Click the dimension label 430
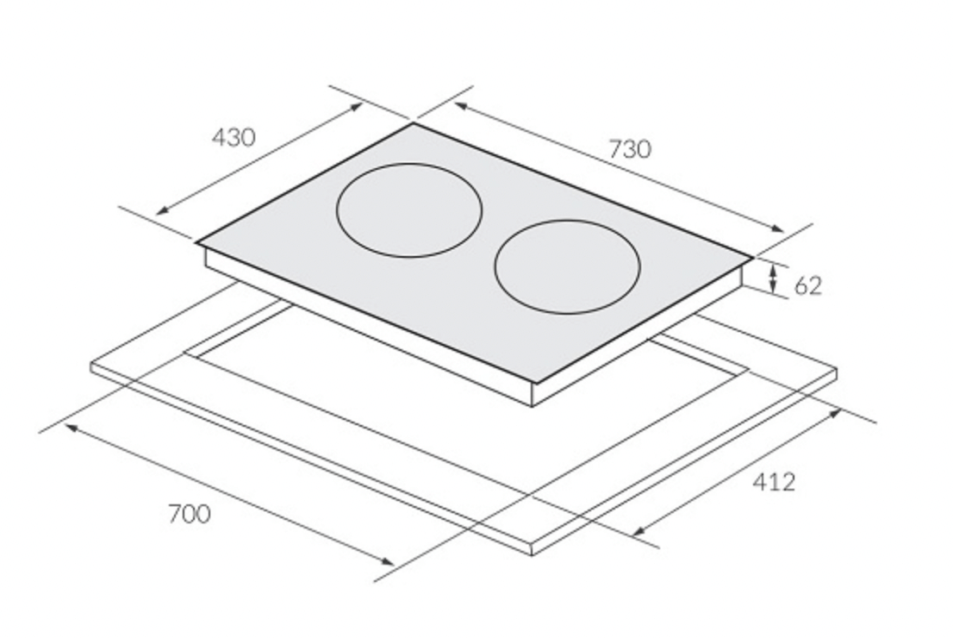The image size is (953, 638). pyautogui.click(x=234, y=137)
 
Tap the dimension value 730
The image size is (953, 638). pyautogui.click(x=630, y=149)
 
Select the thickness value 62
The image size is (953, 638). pyautogui.click(x=808, y=286)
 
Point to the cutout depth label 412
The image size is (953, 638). pyautogui.click(x=774, y=482)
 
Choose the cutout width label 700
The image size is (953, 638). pyautogui.click(x=190, y=514)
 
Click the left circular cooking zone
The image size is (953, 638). pyautogui.click(x=409, y=164)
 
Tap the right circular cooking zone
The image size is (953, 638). pyautogui.click(x=567, y=221)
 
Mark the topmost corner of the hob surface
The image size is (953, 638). pyautogui.click(x=414, y=123)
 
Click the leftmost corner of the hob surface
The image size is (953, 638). pyautogui.click(x=196, y=242)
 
